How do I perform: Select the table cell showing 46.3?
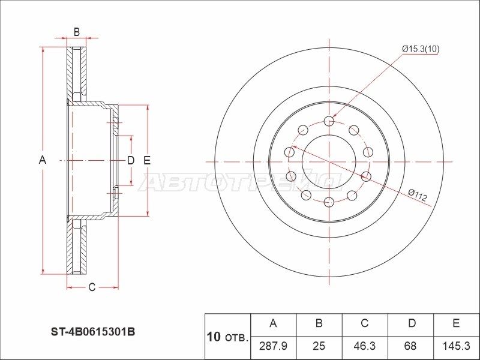(364, 346)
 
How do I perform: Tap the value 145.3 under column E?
(456, 346)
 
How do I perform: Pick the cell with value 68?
(410, 346)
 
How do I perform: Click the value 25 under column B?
(319, 346)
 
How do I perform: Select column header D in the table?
(410, 323)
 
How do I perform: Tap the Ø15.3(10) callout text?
(421, 49)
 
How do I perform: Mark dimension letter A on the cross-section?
(42, 160)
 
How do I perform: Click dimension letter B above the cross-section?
(76, 32)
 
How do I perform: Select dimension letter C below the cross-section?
(92, 287)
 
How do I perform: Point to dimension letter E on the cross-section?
(146, 160)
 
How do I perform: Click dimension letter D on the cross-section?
(130, 160)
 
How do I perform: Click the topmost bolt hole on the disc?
(329, 121)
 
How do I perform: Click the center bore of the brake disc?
(329, 161)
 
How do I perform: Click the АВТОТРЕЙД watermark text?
(240, 181)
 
